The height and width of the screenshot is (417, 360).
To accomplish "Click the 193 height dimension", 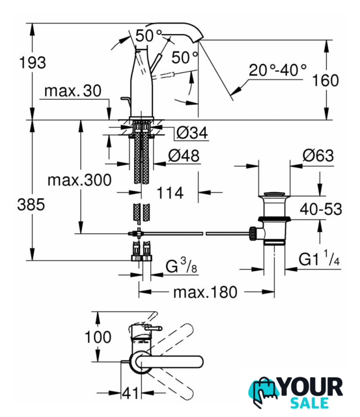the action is tap(33, 63).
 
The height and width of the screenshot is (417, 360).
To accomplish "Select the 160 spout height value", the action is tap(325, 80).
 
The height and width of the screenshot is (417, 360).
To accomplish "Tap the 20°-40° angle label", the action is tap(277, 70).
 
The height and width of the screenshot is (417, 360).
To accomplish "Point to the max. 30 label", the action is tap(73, 91).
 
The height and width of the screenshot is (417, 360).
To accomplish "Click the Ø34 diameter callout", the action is tap(192, 133).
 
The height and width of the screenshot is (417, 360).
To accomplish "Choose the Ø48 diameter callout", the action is tap(184, 156).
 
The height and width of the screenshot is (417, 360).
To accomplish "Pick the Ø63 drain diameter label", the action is tap(318, 156).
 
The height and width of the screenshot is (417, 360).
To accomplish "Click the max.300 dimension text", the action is tap(79, 180).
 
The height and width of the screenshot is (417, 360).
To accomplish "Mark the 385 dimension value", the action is tap(31, 205).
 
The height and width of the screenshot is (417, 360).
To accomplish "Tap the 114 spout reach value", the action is tap(170, 193).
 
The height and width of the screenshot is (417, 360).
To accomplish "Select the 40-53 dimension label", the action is tap(321, 209).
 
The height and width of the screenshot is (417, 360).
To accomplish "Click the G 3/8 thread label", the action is tap(182, 265).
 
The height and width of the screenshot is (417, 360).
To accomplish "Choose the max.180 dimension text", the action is tap(205, 293).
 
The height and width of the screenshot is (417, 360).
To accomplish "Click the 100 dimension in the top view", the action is tap(98, 337).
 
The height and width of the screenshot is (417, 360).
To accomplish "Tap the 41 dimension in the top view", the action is tap(130, 393).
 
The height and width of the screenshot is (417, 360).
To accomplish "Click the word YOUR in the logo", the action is tap(311, 387).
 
